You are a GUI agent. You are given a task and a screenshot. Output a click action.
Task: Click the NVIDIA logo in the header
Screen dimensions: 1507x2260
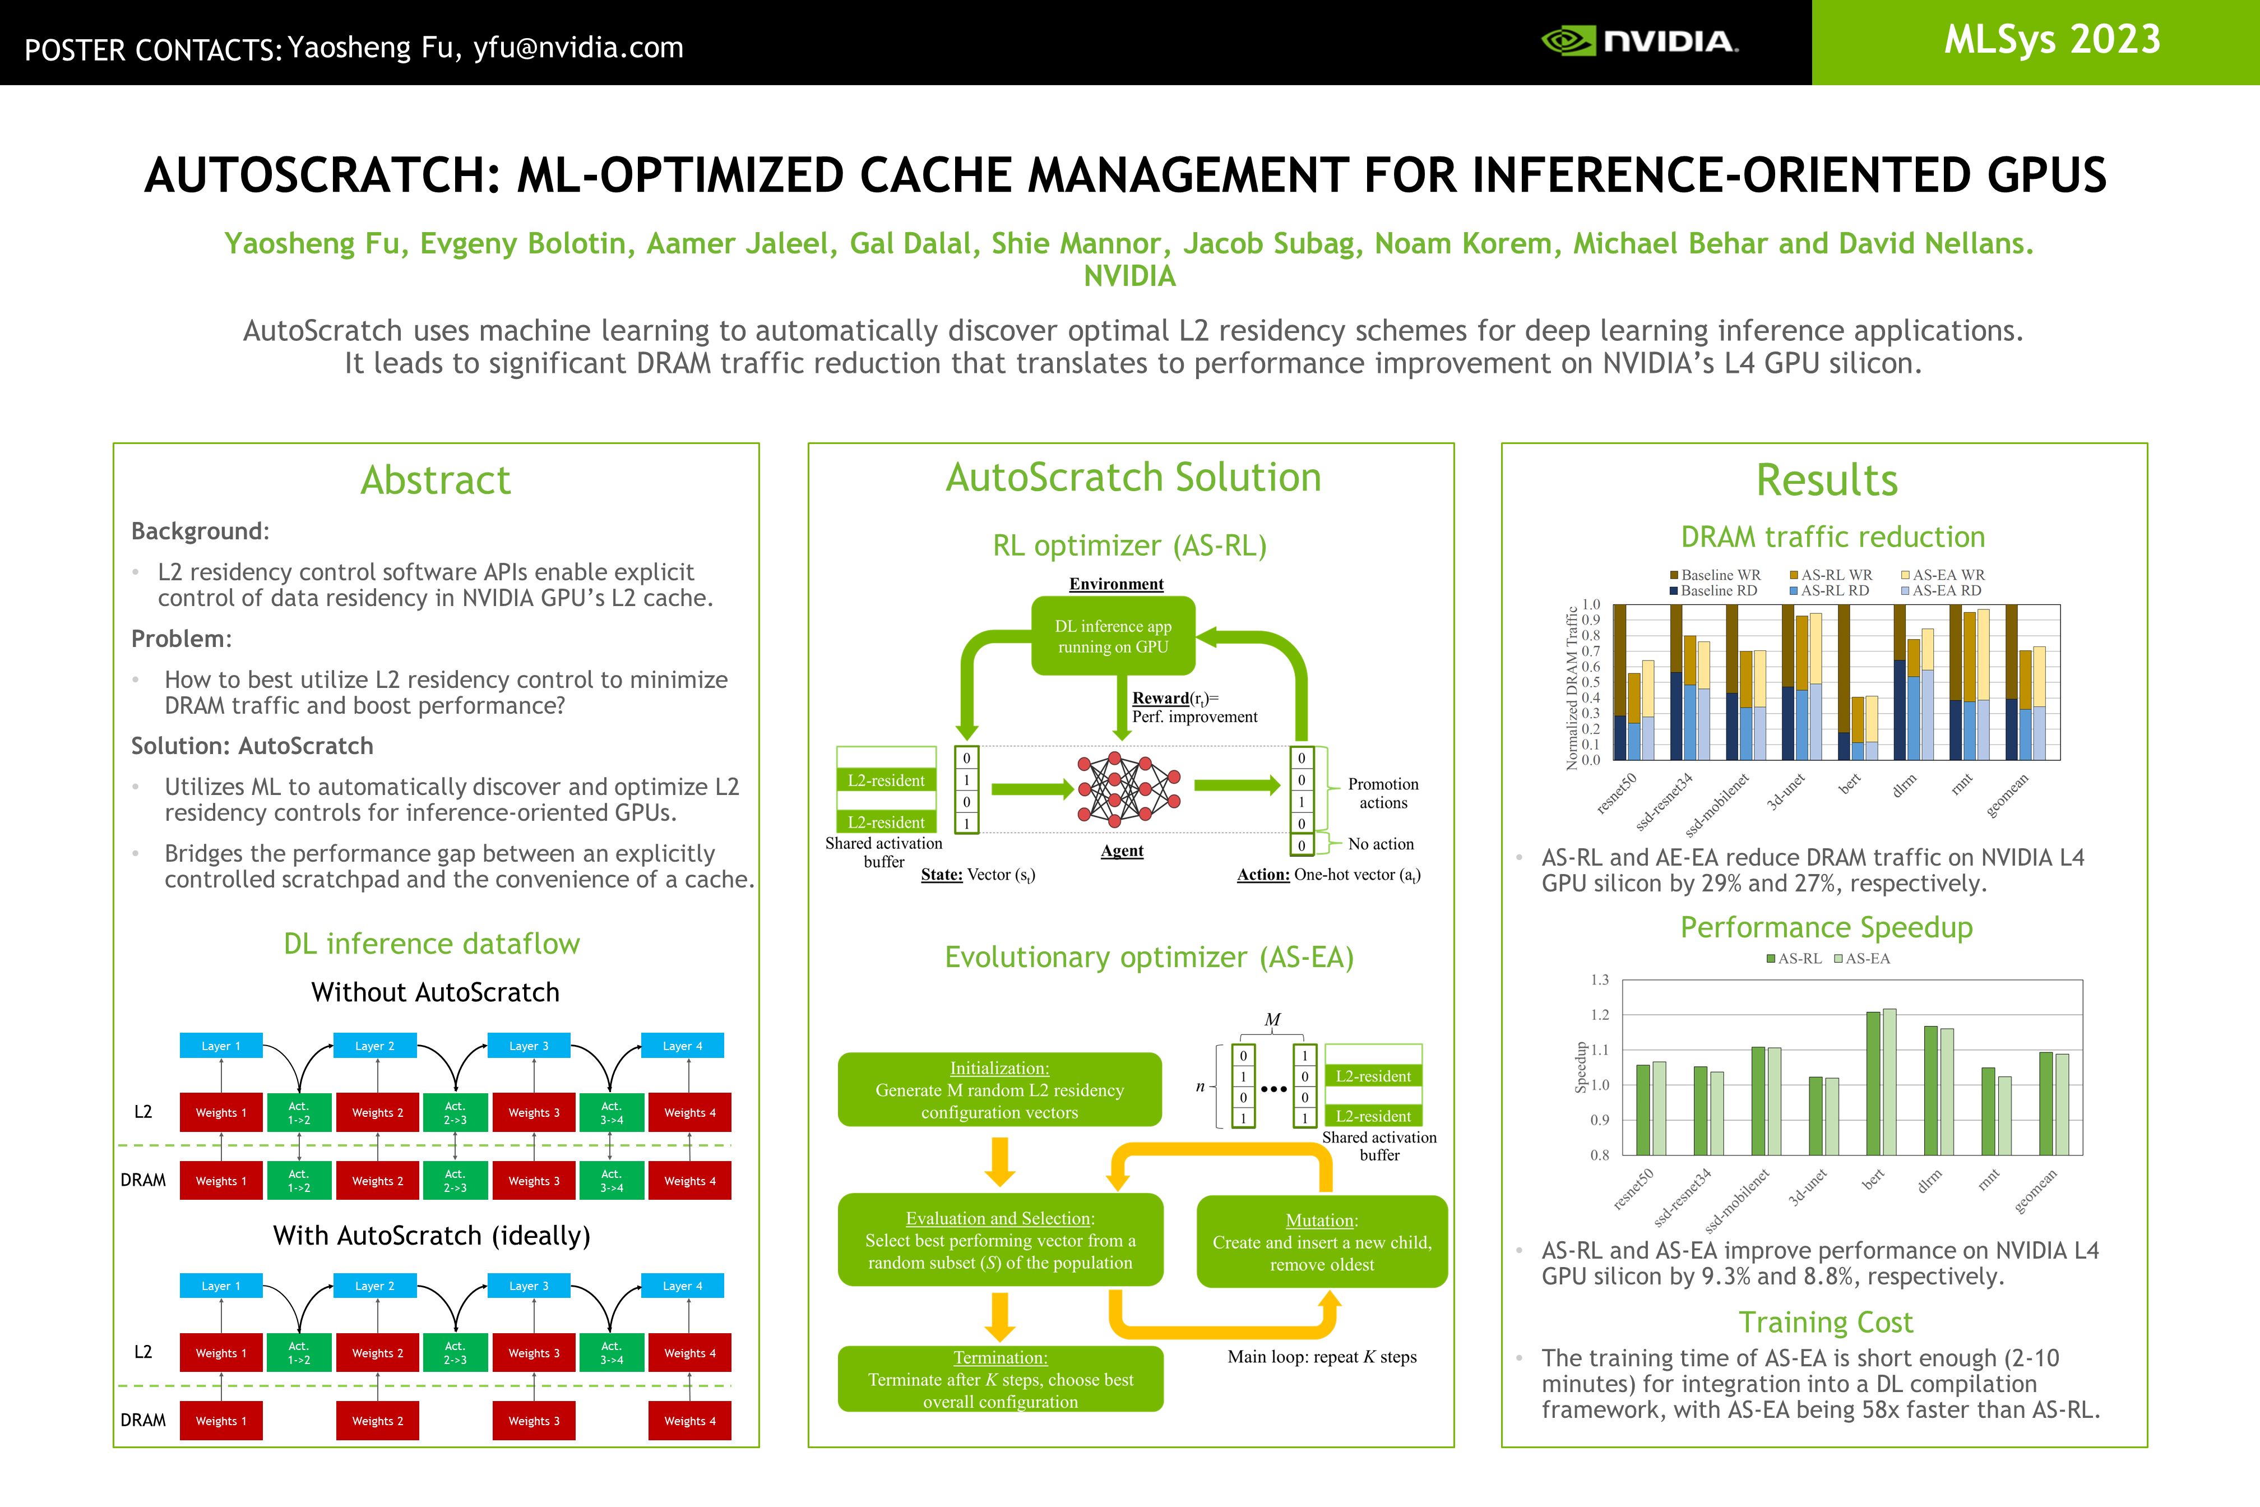(1640, 41)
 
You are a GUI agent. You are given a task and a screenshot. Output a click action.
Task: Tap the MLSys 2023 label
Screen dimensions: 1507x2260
(2051, 40)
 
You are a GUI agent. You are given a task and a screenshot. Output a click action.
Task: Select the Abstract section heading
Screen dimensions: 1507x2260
(436, 479)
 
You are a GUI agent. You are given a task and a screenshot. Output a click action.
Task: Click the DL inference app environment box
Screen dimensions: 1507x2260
(1113, 636)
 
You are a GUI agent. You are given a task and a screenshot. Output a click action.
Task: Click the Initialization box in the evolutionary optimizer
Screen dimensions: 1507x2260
(999, 1090)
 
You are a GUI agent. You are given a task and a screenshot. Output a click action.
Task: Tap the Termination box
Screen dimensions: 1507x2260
(1001, 1379)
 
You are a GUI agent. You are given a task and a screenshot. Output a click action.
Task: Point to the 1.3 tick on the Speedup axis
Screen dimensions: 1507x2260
(1599, 981)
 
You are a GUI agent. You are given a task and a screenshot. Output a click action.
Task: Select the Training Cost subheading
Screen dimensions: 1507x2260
(1826, 1323)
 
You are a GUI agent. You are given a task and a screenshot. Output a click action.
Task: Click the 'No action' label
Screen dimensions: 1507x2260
(1381, 844)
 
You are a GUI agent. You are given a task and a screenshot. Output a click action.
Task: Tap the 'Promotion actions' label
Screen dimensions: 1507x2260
(1383, 793)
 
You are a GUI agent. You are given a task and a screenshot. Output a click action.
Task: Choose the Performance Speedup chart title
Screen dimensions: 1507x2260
(1826, 927)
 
